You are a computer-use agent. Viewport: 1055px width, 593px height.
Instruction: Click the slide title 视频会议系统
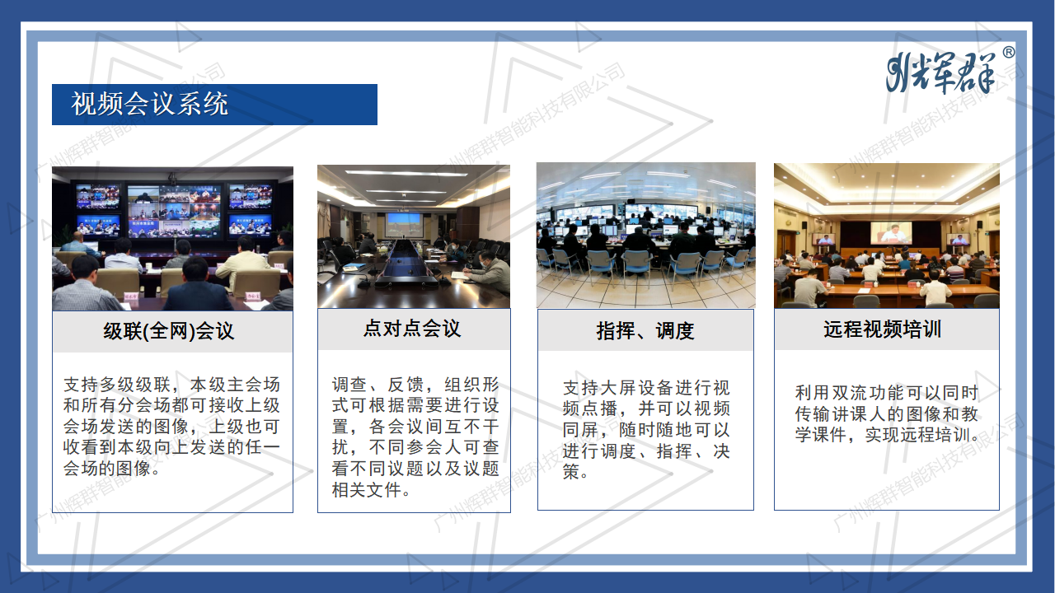pos(150,105)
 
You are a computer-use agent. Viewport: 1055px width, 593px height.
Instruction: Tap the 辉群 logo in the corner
pos(940,72)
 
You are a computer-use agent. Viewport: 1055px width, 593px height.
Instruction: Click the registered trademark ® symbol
pos(1008,53)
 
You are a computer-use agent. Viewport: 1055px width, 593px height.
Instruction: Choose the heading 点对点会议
pos(412,329)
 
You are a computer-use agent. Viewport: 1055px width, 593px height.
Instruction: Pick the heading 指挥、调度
pos(645,331)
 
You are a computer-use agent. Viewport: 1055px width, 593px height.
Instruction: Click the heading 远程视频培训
pos(882,330)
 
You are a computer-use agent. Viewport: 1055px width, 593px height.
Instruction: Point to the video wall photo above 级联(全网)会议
pos(172,238)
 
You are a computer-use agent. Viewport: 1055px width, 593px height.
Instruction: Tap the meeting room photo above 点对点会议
pos(413,236)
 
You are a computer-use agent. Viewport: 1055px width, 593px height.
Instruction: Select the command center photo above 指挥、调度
pos(645,235)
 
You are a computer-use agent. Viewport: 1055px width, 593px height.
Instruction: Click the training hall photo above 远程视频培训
pos(886,235)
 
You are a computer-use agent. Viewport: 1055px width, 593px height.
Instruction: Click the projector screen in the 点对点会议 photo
pos(404,222)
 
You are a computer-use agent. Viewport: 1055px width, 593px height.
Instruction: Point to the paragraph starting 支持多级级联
pos(172,427)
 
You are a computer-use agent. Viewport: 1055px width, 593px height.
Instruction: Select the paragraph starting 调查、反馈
pos(415,437)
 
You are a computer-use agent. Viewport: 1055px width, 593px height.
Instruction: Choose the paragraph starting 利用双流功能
pos(887,414)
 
